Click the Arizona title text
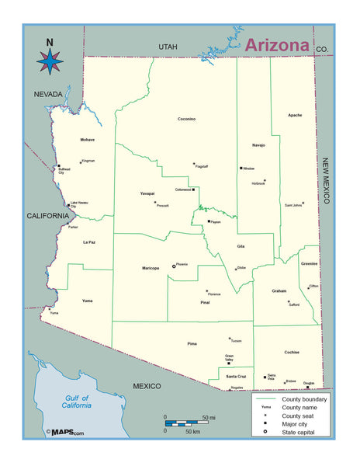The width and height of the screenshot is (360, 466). (277, 44)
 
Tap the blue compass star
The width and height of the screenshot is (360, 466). (50, 61)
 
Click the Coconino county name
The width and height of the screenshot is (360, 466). (186, 119)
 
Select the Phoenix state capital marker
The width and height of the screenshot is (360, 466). (174, 266)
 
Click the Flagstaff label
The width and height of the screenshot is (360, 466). (202, 166)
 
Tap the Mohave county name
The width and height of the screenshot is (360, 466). (87, 140)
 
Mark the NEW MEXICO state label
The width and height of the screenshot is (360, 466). (327, 179)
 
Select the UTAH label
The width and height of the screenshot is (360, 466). (168, 47)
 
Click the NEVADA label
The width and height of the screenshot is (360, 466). (48, 94)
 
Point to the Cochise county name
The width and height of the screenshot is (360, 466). (292, 352)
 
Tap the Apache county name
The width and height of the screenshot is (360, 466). (295, 116)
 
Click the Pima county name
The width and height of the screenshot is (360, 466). (192, 342)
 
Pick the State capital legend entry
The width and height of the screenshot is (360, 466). (294, 431)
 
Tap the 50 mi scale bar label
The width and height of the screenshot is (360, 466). (209, 417)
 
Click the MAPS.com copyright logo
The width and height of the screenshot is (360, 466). (65, 433)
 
